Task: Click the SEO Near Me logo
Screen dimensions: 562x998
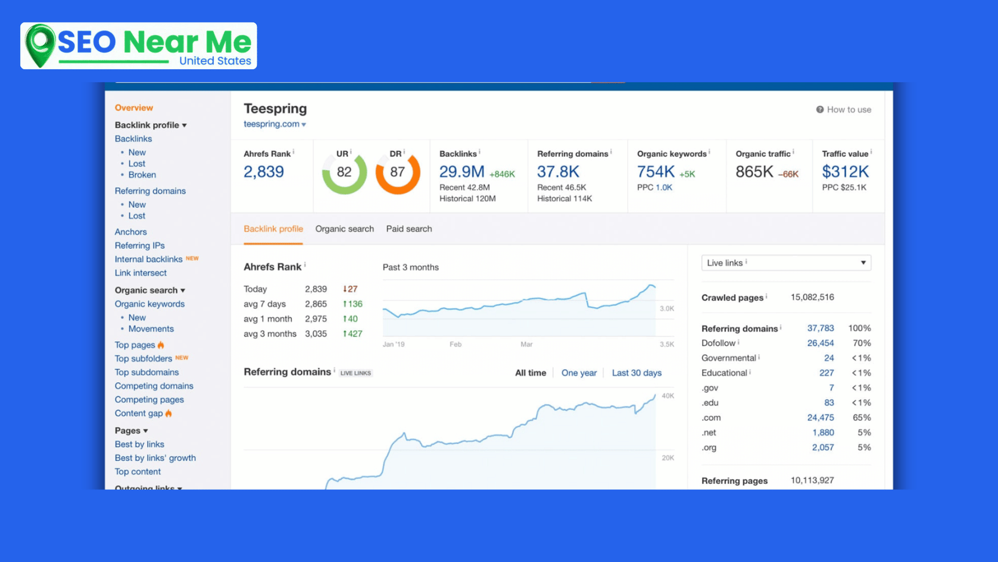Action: (138, 46)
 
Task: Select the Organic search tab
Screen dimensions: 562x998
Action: (344, 229)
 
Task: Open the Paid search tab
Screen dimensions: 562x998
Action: (409, 229)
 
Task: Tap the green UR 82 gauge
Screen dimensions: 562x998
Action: (344, 172)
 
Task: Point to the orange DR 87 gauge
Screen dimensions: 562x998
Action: (397, 172)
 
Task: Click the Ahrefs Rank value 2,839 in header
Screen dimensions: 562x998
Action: (263, 172)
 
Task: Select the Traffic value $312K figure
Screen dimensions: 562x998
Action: (845, 172)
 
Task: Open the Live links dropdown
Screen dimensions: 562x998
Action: (786, 263)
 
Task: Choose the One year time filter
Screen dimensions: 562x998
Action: (579, 373)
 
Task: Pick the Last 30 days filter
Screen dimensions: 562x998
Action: (636, 373)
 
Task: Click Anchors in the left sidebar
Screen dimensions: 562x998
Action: (131, 232)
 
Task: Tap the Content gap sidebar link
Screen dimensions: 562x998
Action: (139, 413)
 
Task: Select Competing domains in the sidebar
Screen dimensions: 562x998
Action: (154, 386)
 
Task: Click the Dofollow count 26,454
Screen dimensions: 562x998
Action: (820, 343)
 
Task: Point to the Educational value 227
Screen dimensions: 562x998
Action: (826, 373)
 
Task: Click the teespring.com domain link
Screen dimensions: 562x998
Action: (272, 124)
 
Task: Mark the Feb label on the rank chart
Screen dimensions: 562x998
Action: (455, 344)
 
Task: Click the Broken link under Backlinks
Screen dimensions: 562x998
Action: (142, 175)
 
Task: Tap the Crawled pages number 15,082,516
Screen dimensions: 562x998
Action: (812, 297)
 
